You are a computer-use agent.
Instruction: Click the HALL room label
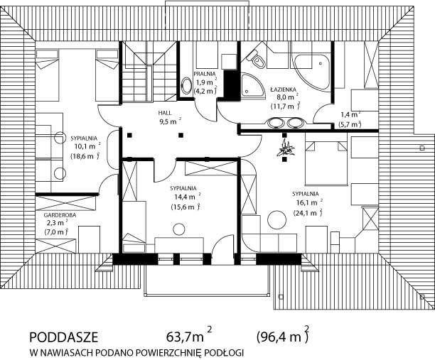[165, 113]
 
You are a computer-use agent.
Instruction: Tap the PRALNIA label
[205, 74]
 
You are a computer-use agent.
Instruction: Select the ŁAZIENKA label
[284, 89]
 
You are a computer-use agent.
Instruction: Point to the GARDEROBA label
[60, 215]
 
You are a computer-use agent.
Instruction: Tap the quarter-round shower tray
[253, 85]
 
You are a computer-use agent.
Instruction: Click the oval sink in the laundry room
[186, 86]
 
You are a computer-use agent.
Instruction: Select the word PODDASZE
[63, 337]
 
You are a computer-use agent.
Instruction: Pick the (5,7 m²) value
[350, 124]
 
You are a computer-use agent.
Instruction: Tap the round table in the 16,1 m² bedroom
[277, 219]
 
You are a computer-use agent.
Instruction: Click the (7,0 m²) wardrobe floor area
[56, 232]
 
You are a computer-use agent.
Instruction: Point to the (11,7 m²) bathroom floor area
[285, 106]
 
